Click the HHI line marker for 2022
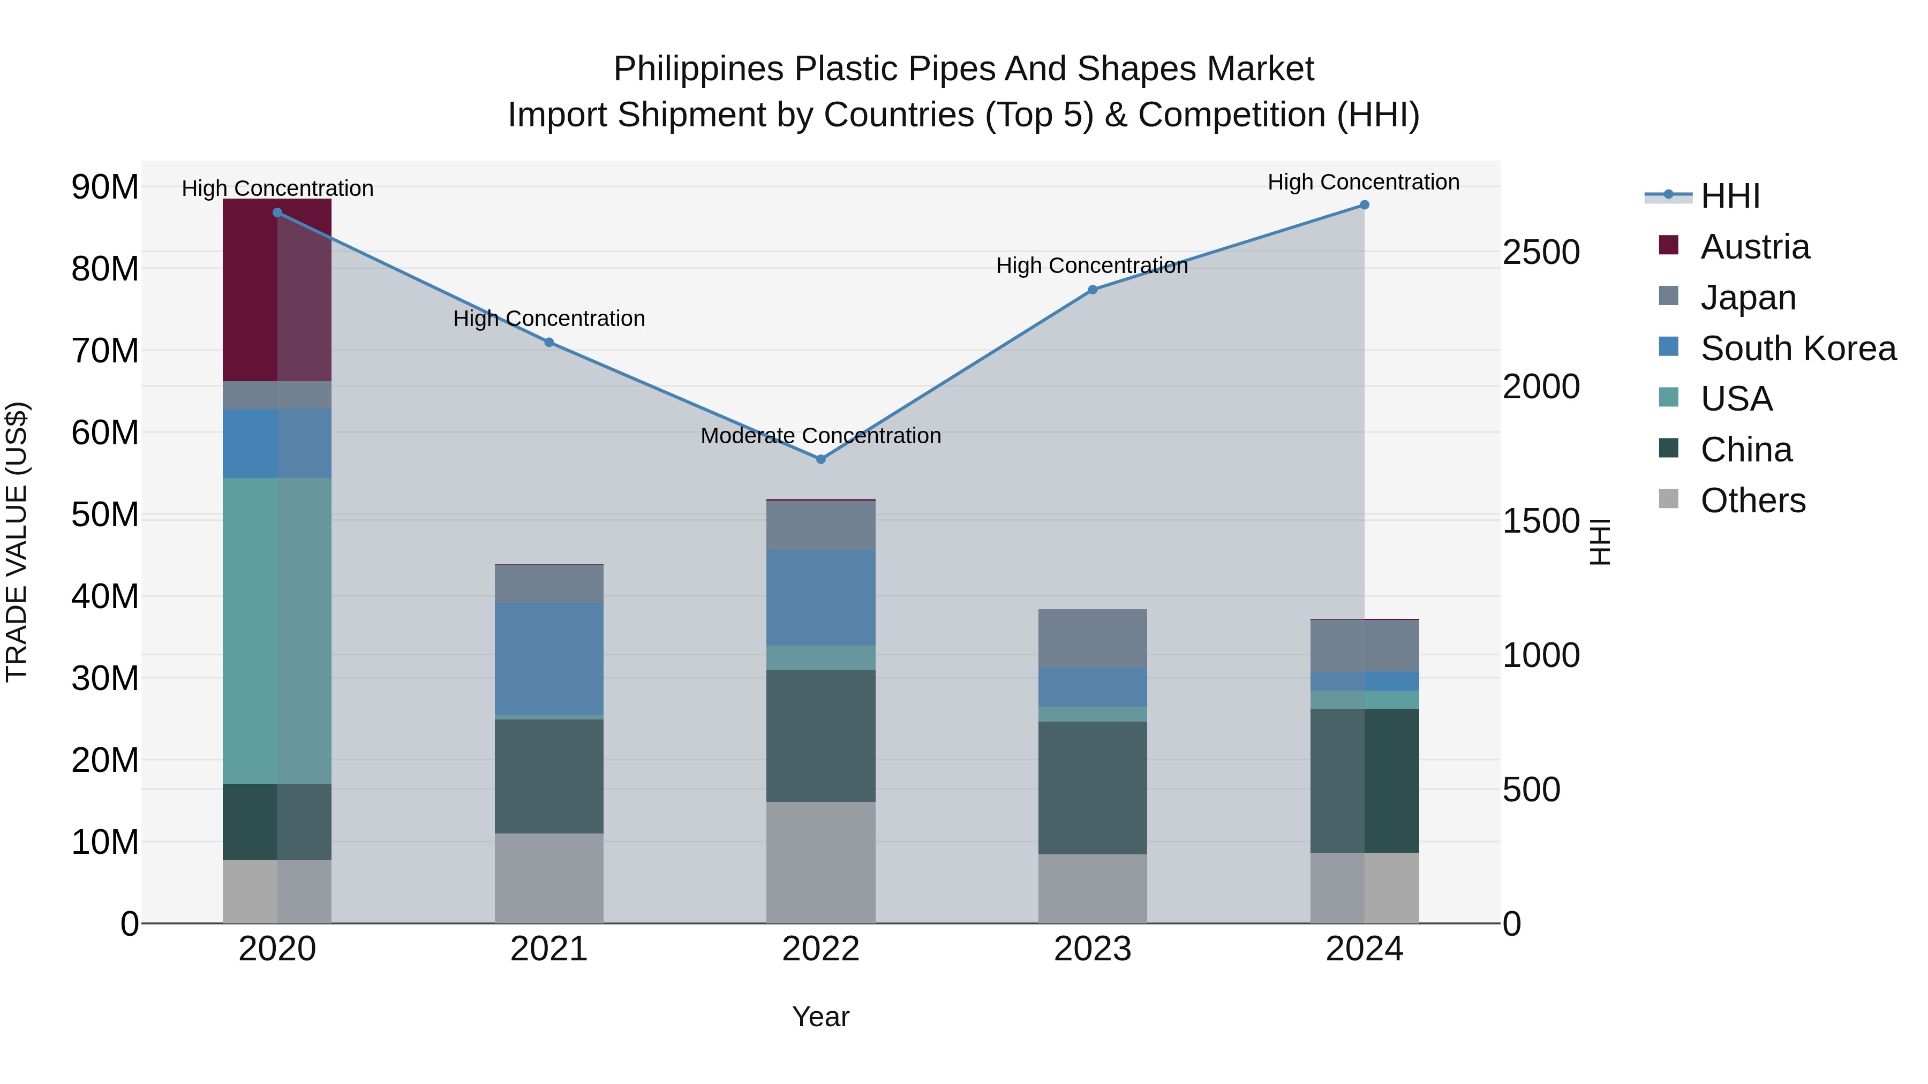820,459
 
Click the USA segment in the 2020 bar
277,631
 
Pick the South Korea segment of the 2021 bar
548,658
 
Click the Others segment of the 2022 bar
820,862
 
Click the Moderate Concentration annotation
820,435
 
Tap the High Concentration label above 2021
548,319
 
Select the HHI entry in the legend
1729,196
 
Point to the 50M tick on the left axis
105,514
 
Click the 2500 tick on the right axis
1541,252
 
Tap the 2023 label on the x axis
1092,949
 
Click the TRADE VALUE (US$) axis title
17,542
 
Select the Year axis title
820,1017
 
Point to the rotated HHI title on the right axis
1599,542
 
